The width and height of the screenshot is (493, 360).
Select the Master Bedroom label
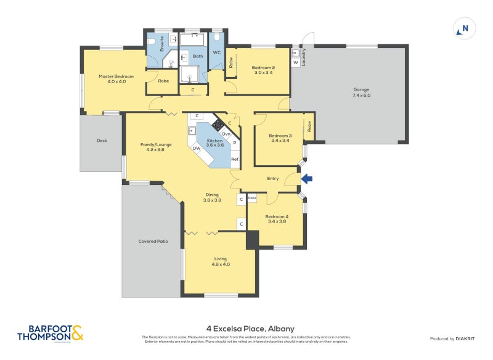[116, 79]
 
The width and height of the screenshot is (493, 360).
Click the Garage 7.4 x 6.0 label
[361, 92]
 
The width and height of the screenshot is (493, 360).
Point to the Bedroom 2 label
[263, 70]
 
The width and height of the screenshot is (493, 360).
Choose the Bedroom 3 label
[280, 138]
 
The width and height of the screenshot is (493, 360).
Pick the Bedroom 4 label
[276, 219]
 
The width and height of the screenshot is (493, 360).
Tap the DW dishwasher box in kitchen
[196, 148]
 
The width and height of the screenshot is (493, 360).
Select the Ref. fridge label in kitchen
[235, 159]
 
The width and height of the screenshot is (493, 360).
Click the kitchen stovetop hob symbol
[218, 125]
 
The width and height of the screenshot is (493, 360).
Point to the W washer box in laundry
[296, 62]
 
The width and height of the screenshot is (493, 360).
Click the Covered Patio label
[153, 241]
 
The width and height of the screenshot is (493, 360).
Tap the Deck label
[102, 141]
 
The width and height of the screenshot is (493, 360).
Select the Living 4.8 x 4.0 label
[221, 261]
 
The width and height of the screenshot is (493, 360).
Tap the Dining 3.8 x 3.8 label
[212, 198]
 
